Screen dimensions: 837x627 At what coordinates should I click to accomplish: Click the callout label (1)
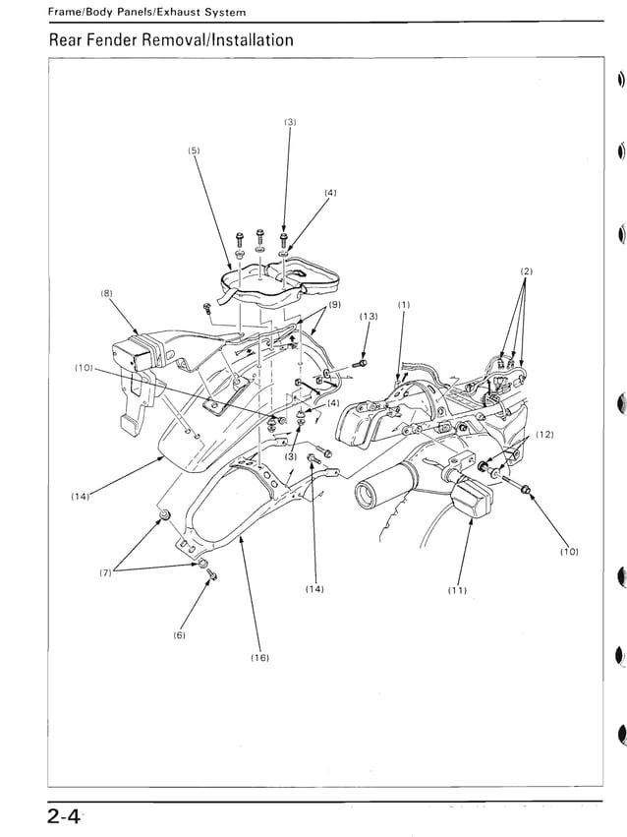coord(403,305)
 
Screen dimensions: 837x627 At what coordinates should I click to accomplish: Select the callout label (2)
coord(526,270)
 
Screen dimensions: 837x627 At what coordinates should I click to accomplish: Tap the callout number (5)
coord(195,150)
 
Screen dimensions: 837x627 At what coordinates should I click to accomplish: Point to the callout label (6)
coord(180,635)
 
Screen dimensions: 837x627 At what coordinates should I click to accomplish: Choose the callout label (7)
coord(105,572)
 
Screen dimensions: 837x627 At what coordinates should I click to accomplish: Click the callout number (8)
coord(106,293)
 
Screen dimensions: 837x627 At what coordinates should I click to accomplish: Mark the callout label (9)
coord(334,305)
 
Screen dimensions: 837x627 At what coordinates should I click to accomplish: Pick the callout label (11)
coord(457,590)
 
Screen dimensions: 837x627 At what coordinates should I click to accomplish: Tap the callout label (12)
coord(544,435)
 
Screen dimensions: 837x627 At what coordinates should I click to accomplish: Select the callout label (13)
coord(369,316)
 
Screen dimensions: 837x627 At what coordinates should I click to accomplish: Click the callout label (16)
coord(259,656)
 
